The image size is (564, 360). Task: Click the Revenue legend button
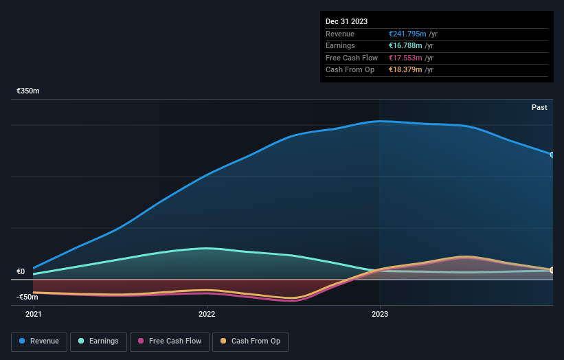pyautogui.click(x=39, y=341)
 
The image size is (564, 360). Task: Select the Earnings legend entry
pyautogui.click(x=98, y=341)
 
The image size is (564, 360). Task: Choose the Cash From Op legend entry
pyautogui.click(x=250, y=341)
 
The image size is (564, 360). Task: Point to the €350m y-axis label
pyautogui.click(x=28, y=91)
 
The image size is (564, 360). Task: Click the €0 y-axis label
pyautogui.click(x=21, y=272)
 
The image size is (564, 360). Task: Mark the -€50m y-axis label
pyautogui.click(x=27, y=297)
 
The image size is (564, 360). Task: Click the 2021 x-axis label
pyautogui.click(x=33, y=315)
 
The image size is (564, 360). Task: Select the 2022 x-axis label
pyautogui.click(x=207, y=315)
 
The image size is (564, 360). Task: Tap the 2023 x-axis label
pyautogui.click(x=380, y=315)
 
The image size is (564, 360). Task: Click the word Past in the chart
pyautogui.click(x=539, y=107)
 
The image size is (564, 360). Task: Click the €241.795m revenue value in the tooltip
pyautogui.click(x=407, y=34)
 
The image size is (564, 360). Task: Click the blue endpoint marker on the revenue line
pyautogui.click(x=552, y=155)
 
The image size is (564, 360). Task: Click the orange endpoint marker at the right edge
pyautogui.click(x=552, y=270)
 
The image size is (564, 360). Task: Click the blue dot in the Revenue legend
pyautogui.click(x=23, y=341)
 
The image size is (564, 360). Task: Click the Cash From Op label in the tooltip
pyautogui.click(x=350, y=69)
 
